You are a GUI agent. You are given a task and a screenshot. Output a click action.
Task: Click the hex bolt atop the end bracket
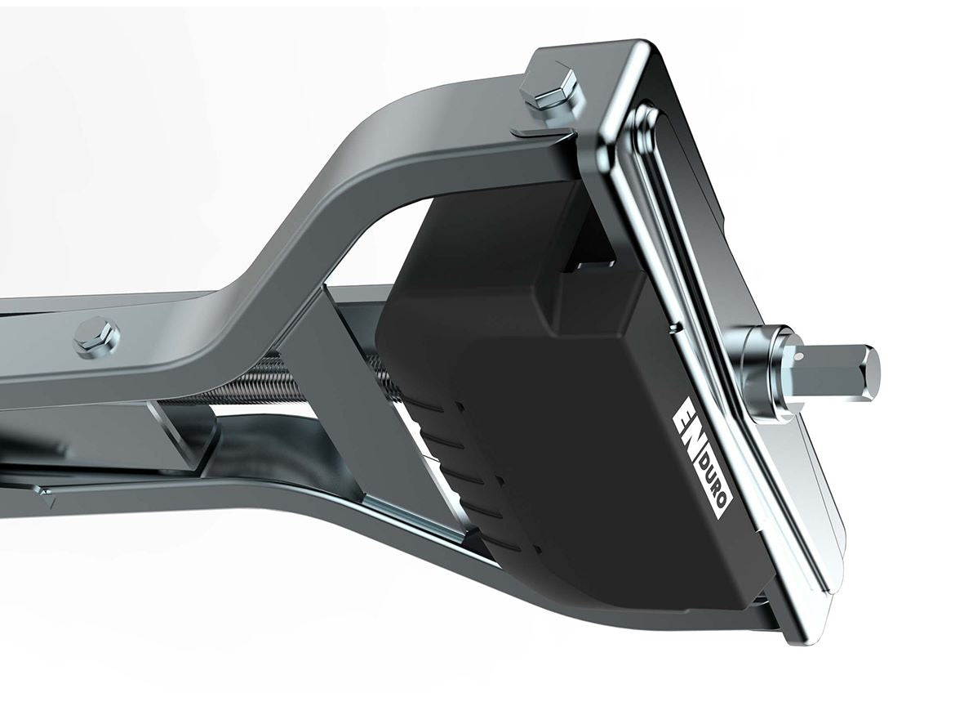[x=552, y=87]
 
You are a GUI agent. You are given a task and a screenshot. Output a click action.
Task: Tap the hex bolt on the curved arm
[x=96, y=337]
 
